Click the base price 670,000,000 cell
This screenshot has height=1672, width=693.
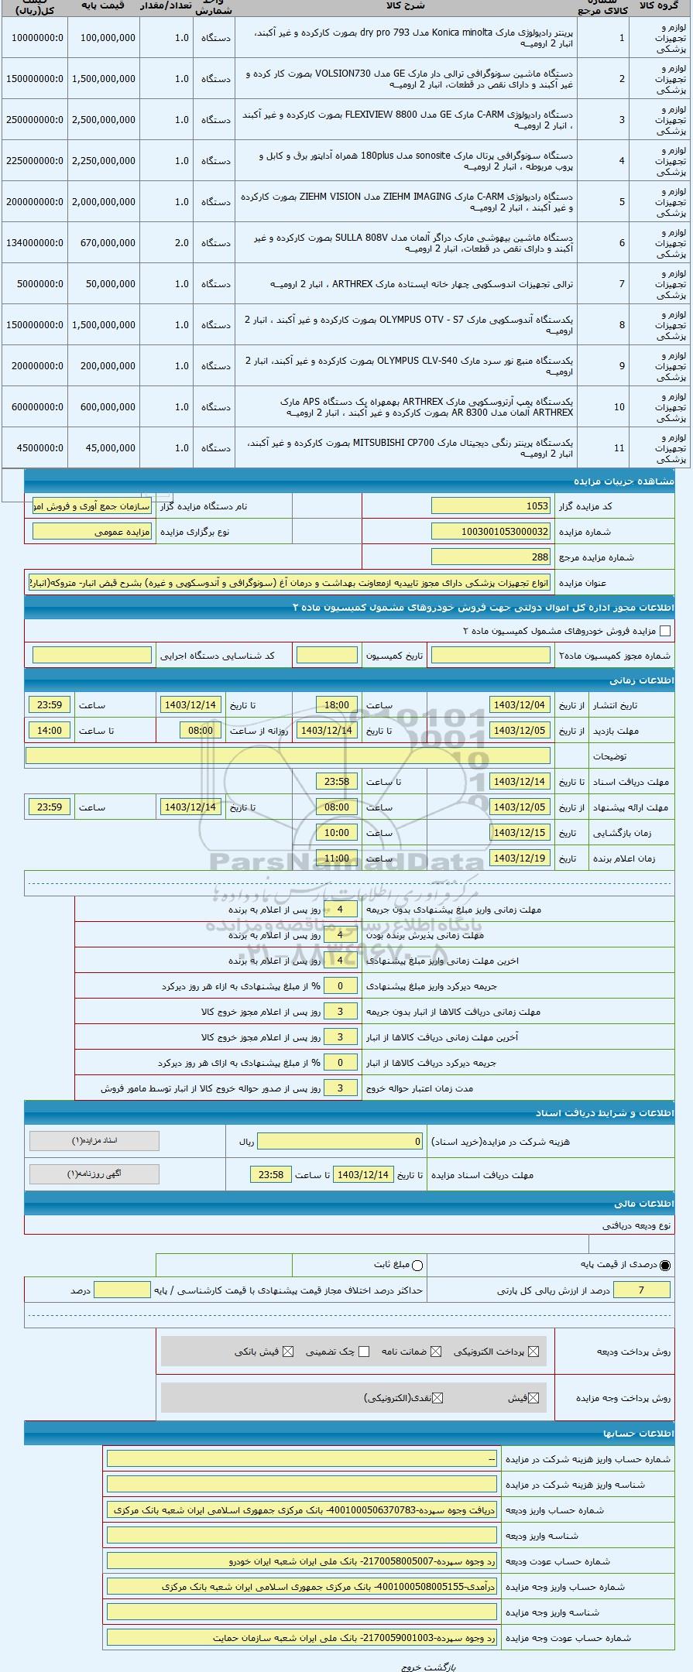(x=105, y=243)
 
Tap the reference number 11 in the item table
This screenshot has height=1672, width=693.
(x=619, y=448)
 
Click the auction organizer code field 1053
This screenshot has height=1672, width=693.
(x=490, y=506)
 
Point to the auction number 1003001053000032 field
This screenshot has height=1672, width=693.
(x=490, y=532)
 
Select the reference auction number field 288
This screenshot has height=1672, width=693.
(x=490, y=557)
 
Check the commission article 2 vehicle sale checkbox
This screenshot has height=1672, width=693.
(x=665, y=631)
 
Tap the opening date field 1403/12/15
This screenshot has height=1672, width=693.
(x=520, y=833)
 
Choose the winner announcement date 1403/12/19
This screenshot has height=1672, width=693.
(x=520, y=858)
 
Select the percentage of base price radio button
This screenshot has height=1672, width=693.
(x=665, y=1265)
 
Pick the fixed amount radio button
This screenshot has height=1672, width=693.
(x=418, y=1265)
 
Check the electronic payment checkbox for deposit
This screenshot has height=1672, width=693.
(x=533, y=1352)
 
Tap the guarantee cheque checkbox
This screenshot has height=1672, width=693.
(x=364, y=1352)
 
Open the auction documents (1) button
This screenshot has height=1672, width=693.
(x=94, y=1141)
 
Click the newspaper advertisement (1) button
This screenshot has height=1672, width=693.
(x=94, y=1174)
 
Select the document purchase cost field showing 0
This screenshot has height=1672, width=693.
(x=340, y=1142)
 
